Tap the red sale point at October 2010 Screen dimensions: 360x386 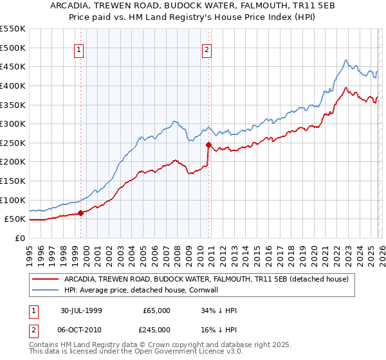point(208,145)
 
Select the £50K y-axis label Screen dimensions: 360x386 point(15,219)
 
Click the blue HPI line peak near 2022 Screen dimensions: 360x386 point(345,60)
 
